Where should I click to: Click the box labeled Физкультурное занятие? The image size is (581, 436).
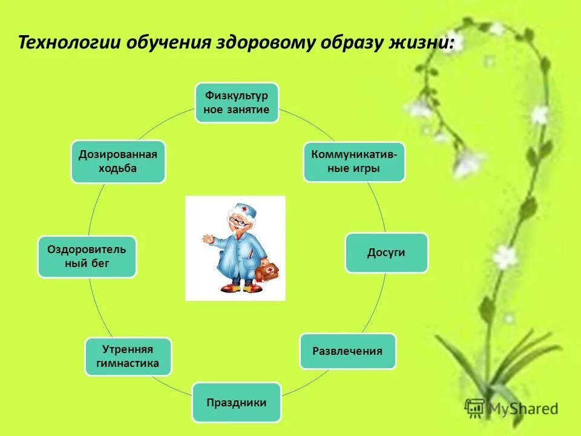click(237, 102)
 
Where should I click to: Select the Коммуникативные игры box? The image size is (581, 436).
click(354, 162)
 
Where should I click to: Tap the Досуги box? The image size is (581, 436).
click(386, 253)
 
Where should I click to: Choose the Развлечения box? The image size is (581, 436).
click(347, 351)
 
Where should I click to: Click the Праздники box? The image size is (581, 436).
click(236, 402)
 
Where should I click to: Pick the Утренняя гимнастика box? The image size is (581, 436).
click(128, 356)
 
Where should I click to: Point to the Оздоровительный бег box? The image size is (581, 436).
click(87, 257)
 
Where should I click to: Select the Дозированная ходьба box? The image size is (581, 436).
click(118, 161)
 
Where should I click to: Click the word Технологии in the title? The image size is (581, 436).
click(70, 44)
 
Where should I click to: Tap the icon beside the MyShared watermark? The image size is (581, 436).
click(475, 408)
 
